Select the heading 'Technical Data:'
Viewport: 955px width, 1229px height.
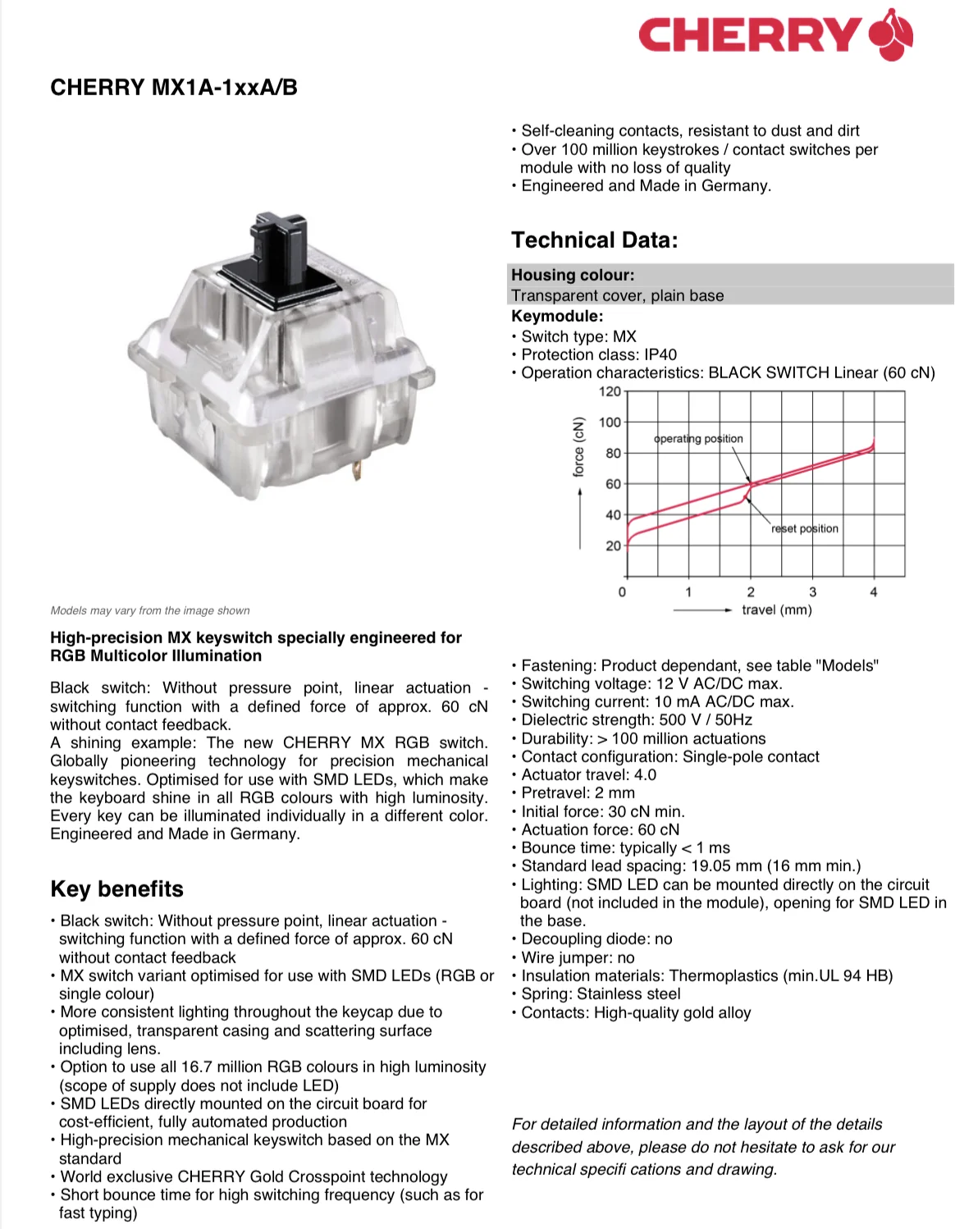point(595,240)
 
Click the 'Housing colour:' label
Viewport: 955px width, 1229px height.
point(573,275)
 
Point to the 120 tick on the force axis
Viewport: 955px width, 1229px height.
point(610,391)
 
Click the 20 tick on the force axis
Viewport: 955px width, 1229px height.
point(613,546)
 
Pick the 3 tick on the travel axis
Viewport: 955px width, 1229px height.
point(812,592)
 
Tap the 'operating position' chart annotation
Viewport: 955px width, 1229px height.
point(698,439)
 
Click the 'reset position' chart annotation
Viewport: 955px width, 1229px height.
point(804,528)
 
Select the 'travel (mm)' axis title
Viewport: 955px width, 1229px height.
point(776,610)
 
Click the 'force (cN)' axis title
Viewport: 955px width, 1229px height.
point(579,447)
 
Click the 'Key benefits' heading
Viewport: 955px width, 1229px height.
point(117,889)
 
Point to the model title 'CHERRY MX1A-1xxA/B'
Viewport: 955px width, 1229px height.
point(174,88)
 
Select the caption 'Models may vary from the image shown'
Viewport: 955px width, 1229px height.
point(150,610)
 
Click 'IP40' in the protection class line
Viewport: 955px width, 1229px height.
point(660,354)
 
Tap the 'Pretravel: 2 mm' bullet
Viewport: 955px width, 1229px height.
point(578,793)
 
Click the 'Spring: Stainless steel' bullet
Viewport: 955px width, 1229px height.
point(601,994)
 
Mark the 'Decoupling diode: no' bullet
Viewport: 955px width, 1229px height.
point(596,939)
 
